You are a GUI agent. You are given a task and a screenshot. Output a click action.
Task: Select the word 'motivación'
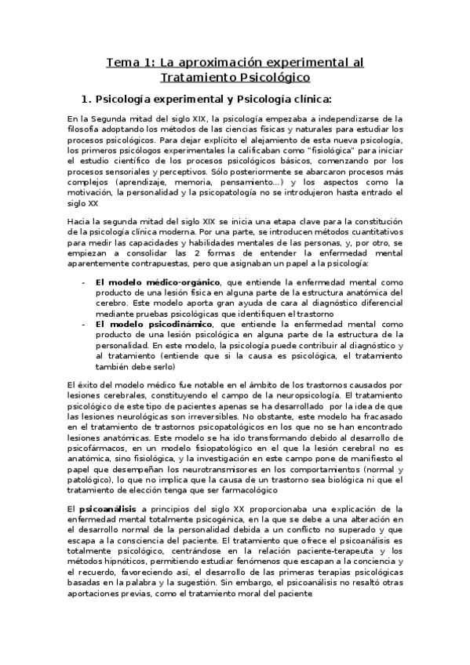(90, 189)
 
